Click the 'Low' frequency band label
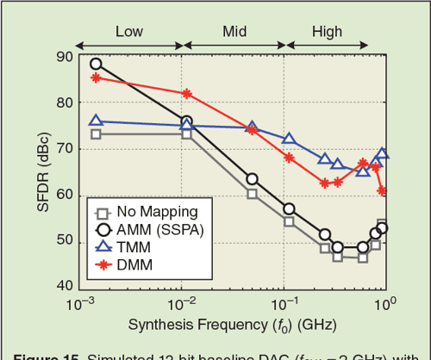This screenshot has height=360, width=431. click(128, 32)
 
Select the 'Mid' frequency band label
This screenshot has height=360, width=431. click(234, 32)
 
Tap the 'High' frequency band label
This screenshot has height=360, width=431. click(327, 32)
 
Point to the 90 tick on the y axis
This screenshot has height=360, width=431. click(64, 57)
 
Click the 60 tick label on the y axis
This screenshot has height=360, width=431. click(64, 195)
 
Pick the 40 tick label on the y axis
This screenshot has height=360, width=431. click(64, 286)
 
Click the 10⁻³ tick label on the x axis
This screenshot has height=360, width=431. click(82, 303)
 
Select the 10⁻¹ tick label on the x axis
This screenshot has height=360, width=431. click(285, 303)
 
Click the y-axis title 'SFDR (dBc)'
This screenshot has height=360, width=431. click(30, 171)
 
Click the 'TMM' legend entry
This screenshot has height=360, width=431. click(134, 246)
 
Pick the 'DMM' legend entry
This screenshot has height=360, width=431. click(134, 264)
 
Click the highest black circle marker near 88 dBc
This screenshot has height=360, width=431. click(96, 64)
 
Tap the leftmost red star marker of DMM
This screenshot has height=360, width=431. click(96, 78)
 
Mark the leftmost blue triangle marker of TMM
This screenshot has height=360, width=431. click(96, 121)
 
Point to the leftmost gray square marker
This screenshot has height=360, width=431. click(96, 134)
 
